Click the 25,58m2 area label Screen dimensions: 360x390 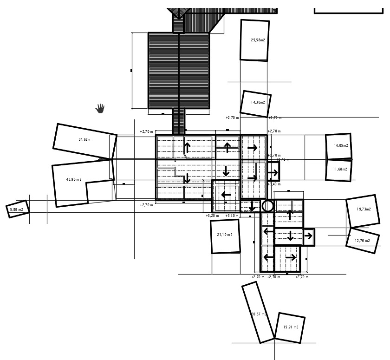click(258, 40)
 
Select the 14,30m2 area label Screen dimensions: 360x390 click(258, 102)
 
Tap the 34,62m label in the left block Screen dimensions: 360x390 click(84, 139)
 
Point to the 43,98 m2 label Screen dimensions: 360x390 click(74, 179)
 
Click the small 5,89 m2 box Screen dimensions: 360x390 click(17, 209)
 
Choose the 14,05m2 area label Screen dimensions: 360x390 click(341, 145)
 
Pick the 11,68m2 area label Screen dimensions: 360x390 click(340, 169)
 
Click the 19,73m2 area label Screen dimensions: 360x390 click(364, 209)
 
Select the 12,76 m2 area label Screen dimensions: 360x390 click(362, 241)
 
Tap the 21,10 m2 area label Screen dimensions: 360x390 click(225, 235)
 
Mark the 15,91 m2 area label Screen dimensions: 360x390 click(291, 327)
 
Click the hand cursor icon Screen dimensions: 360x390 click(100, 108)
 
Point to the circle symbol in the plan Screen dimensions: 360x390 click(267, 206)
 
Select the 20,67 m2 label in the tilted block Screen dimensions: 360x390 click(259, 314)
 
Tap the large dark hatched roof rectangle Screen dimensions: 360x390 click(179, 71)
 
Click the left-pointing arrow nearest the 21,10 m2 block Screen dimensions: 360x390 click(226, 194)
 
